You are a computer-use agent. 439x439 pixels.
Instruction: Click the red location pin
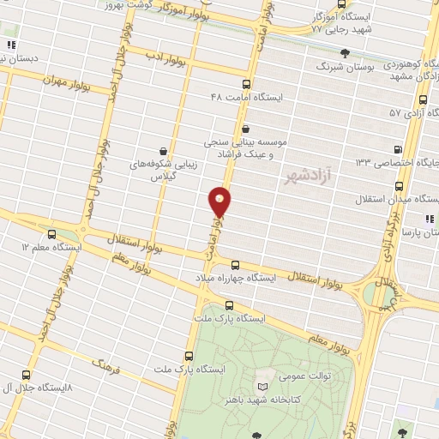(220, 201)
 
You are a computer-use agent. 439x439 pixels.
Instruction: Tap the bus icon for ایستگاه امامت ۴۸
(247, 84)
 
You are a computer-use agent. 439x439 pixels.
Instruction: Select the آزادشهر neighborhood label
(304, 178)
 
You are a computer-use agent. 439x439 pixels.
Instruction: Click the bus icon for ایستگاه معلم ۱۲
(51, 232)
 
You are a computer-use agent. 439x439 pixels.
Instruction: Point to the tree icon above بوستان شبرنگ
(345, 53)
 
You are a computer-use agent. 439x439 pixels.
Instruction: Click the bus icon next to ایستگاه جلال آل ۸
(24, 375)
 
